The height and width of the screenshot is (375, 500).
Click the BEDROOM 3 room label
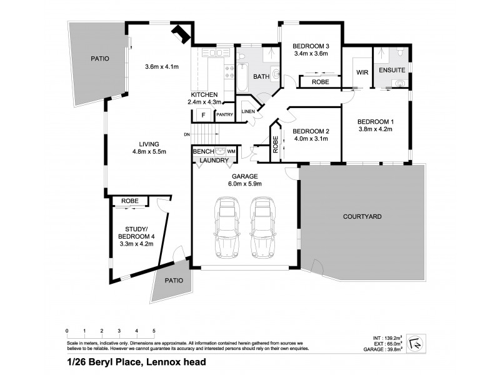pyautogui.click(x=311, y=45)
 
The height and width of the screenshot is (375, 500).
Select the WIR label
pyautogui.click(x=362, y=72)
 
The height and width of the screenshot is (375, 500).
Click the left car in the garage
pyautogui.click(x=226, y=227)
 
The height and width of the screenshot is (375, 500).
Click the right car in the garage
pyautogui.click(x=263, y=227)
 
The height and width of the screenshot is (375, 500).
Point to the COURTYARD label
pyautogui.click(x=362, y=216)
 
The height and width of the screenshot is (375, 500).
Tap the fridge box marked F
pyautogui.click(x=202, y=115)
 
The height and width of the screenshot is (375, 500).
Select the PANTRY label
pyautogui.click(x=224, y=115)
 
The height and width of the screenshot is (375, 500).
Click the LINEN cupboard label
pyautogui.click(x=248, y=111)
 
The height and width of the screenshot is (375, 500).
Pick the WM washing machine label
pyautogui.click(x=231, y=151)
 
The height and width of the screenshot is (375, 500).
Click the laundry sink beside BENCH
pyautogui.click(x=219, y=151)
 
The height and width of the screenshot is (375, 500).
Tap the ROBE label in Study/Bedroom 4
pyautogui.click(x=130, y=201)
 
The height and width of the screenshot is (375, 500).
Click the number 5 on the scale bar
pyautogui.click(x=154, y=330)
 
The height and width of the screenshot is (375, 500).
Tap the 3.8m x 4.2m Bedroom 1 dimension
pyautogui.click(x=374, y=131)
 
